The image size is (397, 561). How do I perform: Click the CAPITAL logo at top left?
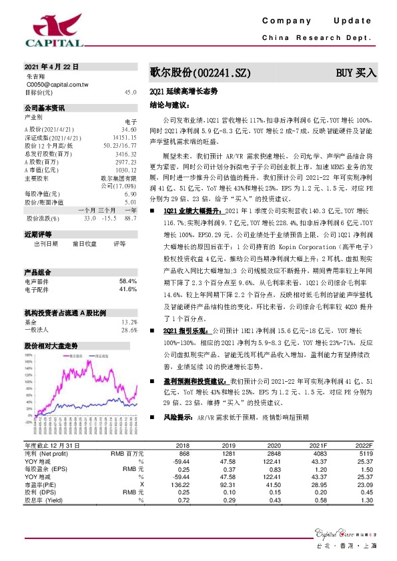(54, 31)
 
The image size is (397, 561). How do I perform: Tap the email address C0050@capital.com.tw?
(57, 85)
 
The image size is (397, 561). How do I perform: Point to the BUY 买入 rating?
(356, 72)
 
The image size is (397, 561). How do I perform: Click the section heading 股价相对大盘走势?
(51, 346)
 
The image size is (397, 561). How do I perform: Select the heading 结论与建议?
(169, 105)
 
